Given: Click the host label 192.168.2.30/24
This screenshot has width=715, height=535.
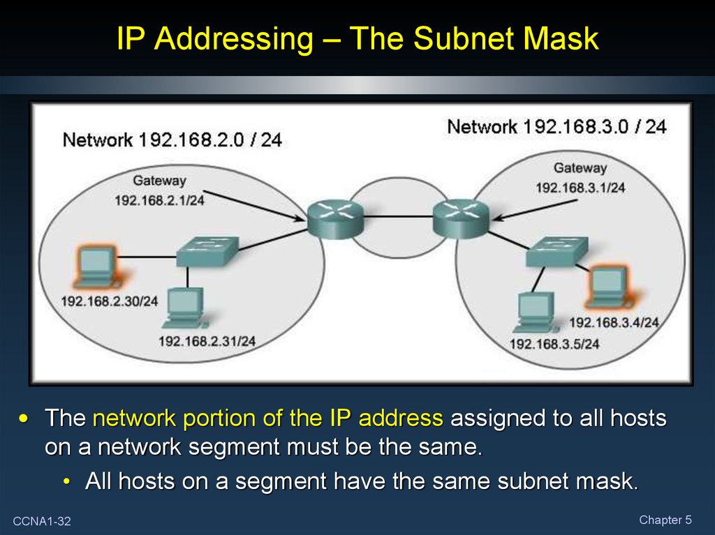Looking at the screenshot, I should click(110, 301).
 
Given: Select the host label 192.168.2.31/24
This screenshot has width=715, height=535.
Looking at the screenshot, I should click(207, 341).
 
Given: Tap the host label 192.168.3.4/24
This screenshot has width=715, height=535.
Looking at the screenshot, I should click(614, 322).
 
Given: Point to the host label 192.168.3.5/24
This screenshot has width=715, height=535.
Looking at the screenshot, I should click(554, 344).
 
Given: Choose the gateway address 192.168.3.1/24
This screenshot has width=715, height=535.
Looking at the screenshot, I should click(580, 188).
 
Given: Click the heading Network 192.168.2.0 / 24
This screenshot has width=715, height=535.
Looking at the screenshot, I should click(172, 140).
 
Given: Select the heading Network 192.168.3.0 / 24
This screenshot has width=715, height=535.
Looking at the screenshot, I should click(556, 127).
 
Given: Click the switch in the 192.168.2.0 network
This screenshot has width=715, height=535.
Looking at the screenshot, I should click(207, 250).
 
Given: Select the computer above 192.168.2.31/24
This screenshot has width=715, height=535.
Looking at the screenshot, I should click(184, 308).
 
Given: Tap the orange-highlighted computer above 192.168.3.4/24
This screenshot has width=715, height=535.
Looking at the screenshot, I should click(608, 285).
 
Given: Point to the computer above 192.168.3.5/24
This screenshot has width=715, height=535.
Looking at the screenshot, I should click(536, 312).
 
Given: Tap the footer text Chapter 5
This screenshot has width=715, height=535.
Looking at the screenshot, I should click(665, 520).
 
